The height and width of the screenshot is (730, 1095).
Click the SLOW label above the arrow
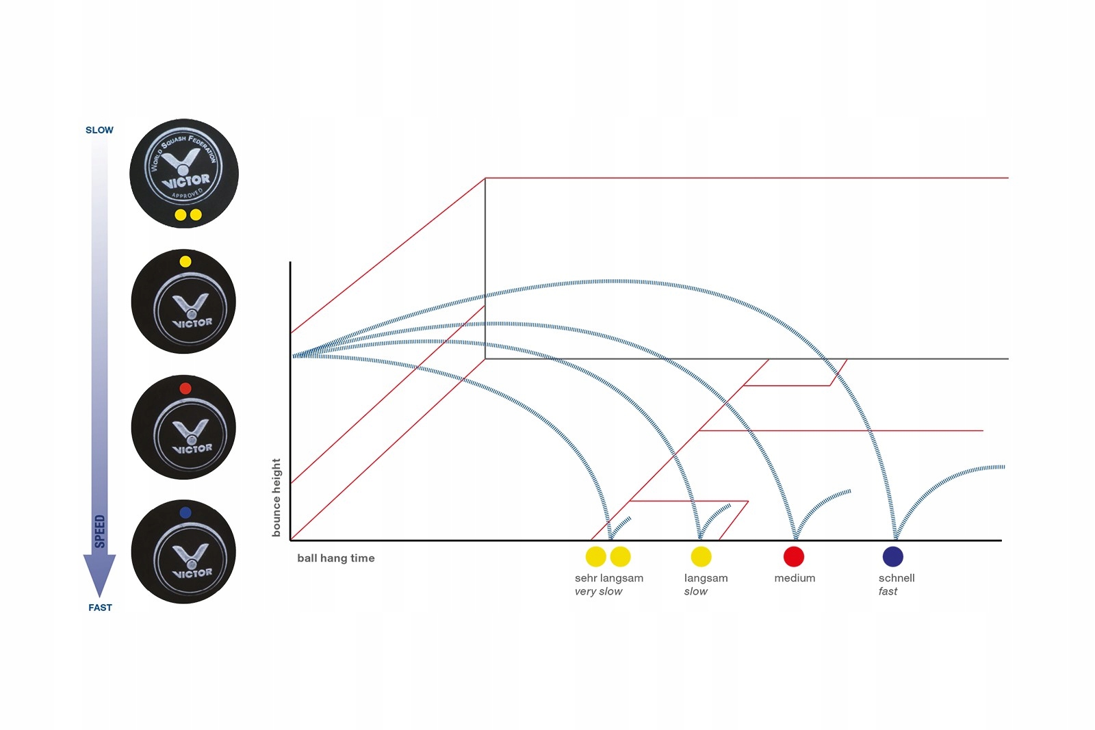tap(99, 130)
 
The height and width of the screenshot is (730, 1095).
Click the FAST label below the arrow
tap(100, 608)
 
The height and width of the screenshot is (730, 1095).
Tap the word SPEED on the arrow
tap(100, 532)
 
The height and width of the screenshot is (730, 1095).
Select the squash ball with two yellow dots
tap(184, 173)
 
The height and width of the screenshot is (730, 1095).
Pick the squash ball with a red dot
tap(183, 427)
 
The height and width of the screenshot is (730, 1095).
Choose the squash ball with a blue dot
tap(183, 551)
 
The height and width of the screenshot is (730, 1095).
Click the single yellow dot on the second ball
tap(185, 261)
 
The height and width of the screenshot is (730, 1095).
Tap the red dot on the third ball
tap(185, 389)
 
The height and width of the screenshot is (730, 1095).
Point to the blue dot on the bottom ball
tap(185, 512)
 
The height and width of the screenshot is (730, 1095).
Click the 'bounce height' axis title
tap(276, 497)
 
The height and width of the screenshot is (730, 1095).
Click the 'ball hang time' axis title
tap(335, 558)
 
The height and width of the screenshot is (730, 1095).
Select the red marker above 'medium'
tap(794, 557)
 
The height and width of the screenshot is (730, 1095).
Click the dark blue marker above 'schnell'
tap(893, 557)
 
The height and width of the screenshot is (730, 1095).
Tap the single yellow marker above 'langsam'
tap(701, 557)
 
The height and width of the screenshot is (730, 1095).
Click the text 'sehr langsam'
tap(608, 578)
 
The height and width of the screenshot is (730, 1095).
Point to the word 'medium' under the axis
tap(795, 578)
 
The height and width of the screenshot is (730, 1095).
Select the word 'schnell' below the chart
tap(897, 578)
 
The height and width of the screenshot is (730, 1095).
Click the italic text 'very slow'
tap(598, 592)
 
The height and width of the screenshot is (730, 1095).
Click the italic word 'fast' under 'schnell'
tap(888, 592)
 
